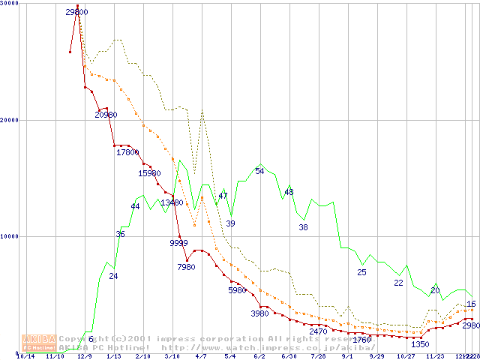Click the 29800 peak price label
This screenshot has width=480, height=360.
tap(76, 12)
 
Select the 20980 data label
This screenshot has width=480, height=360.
tap(106, 115)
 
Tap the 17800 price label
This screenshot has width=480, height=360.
tap(127, 152)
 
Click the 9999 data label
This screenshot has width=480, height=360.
tap(178, 243)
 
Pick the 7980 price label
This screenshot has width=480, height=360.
tap(186, 267)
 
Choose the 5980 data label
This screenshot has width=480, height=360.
tap(237, 290)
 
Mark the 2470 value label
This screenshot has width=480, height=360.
tap(319, 331)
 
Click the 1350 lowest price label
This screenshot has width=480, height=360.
tap(420, 344)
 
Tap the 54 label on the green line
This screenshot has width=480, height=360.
tap(259, 171)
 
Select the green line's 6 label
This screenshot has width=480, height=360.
tap(91, 339)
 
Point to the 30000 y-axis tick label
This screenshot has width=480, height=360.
tap(9, 4)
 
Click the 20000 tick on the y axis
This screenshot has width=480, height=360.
tap(9, 120)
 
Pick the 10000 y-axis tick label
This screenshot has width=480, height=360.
tap(9, 236)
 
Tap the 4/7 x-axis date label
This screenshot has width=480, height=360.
tap(201, 356)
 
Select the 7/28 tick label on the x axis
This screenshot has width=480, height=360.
tap(318, 356)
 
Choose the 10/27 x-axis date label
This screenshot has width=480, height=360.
tap(406, 356)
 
